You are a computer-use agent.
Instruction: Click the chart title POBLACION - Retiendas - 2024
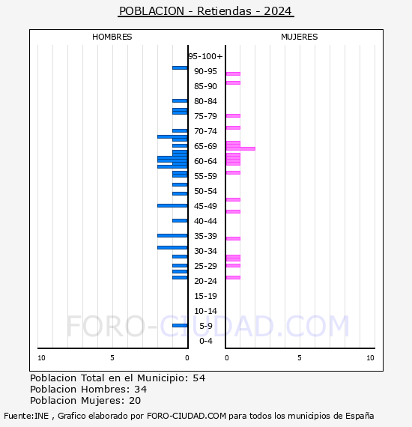click(x=206, y=11)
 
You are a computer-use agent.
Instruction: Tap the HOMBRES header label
click(x=112, y=37)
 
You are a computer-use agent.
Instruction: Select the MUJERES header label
click(x=299, y=37)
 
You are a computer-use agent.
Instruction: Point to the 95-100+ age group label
click(x=205, y=56)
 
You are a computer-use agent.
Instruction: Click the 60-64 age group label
click(x=205, y=161)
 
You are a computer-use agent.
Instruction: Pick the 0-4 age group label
click(x=205, y=341)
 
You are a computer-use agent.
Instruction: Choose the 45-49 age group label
click(x=205, y=206)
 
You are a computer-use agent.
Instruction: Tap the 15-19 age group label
click(x=205, y=296)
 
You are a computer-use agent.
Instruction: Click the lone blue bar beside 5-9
click(x=180, y=325)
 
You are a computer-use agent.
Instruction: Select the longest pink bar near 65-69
click(x=240, y=148)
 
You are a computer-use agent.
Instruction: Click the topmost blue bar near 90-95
click(x=180, y=67)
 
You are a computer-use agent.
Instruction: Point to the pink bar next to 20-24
click(x=233, y=277)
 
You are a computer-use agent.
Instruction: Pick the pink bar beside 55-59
click(x=233, y=172)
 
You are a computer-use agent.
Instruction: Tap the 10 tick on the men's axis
click(x=41, y=358)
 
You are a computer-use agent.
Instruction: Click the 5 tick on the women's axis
click(x=299, y=358)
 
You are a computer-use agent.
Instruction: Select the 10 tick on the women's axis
click(x=370, y=358)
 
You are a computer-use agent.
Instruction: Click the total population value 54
click(x=199, y=378)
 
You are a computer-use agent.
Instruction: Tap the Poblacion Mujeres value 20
click(x=137, y=401)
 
